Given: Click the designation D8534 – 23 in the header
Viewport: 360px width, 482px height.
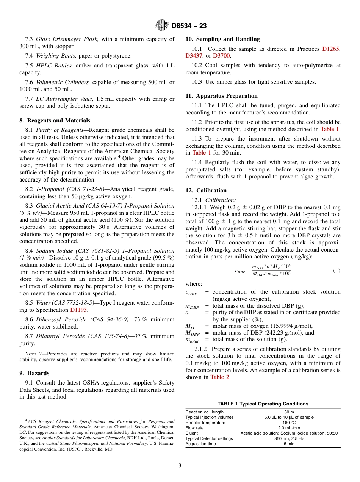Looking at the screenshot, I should (x=189, y=26).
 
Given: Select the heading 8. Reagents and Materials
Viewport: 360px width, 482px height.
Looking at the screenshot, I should (x=55, y=121).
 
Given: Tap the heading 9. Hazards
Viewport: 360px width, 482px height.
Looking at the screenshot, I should (x=34, y=373).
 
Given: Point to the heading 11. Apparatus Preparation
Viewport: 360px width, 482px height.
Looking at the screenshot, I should (x=221, y=96).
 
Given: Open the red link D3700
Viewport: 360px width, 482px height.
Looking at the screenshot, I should (x=221, y=56).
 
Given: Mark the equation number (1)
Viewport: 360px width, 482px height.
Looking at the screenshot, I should (x=337, y=271).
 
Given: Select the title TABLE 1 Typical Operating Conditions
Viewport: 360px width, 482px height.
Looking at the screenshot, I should (x=263, y=404).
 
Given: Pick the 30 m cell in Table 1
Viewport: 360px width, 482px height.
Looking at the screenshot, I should (x=289, y=412).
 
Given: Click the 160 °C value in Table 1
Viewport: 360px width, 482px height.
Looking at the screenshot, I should (x=289, y=423).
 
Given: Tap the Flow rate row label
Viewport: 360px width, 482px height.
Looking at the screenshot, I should (x=194, y=428).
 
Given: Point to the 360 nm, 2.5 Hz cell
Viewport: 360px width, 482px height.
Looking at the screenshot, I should (x=289, y=438).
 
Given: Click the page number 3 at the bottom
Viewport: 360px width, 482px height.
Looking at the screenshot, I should (x=180, y=465).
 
